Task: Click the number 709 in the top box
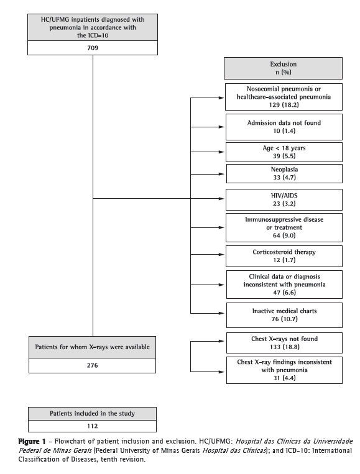coord(93,48)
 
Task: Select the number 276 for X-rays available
coord(92,365)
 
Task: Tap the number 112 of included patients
coord(92,426)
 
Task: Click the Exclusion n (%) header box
coord(283,68)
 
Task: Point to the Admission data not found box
coord(284,127)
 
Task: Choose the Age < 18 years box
coord(284,152)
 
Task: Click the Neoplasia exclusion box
coord(284,173)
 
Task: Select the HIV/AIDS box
coord(284,199)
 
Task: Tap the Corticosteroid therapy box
coord(284,256)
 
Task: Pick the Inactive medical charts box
coord(284,315)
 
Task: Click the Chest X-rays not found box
coord(284,343)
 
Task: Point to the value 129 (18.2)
coord(284,105)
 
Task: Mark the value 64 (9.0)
coord(284,235)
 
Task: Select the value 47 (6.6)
coord(284,293)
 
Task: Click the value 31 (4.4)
coord(284,378)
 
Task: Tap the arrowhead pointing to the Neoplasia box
coord(221,174)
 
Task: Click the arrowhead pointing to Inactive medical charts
coord(221,313)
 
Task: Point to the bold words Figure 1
coord(32,442)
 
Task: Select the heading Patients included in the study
coord(92,414)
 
